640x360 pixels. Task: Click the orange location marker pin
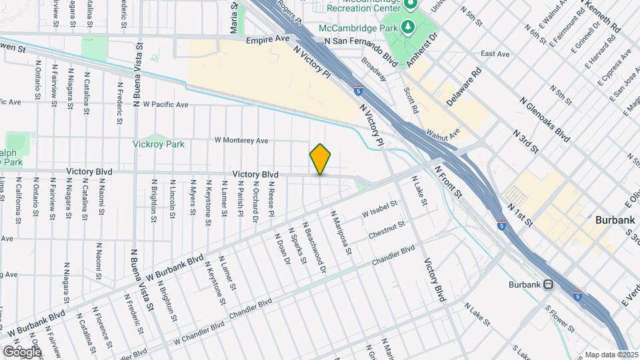320,159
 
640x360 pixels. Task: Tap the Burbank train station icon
547,285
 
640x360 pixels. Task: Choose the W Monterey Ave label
241,141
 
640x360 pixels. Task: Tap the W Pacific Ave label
161,105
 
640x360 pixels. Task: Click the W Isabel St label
379,209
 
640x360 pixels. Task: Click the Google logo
22,351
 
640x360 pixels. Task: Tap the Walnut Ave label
443,135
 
